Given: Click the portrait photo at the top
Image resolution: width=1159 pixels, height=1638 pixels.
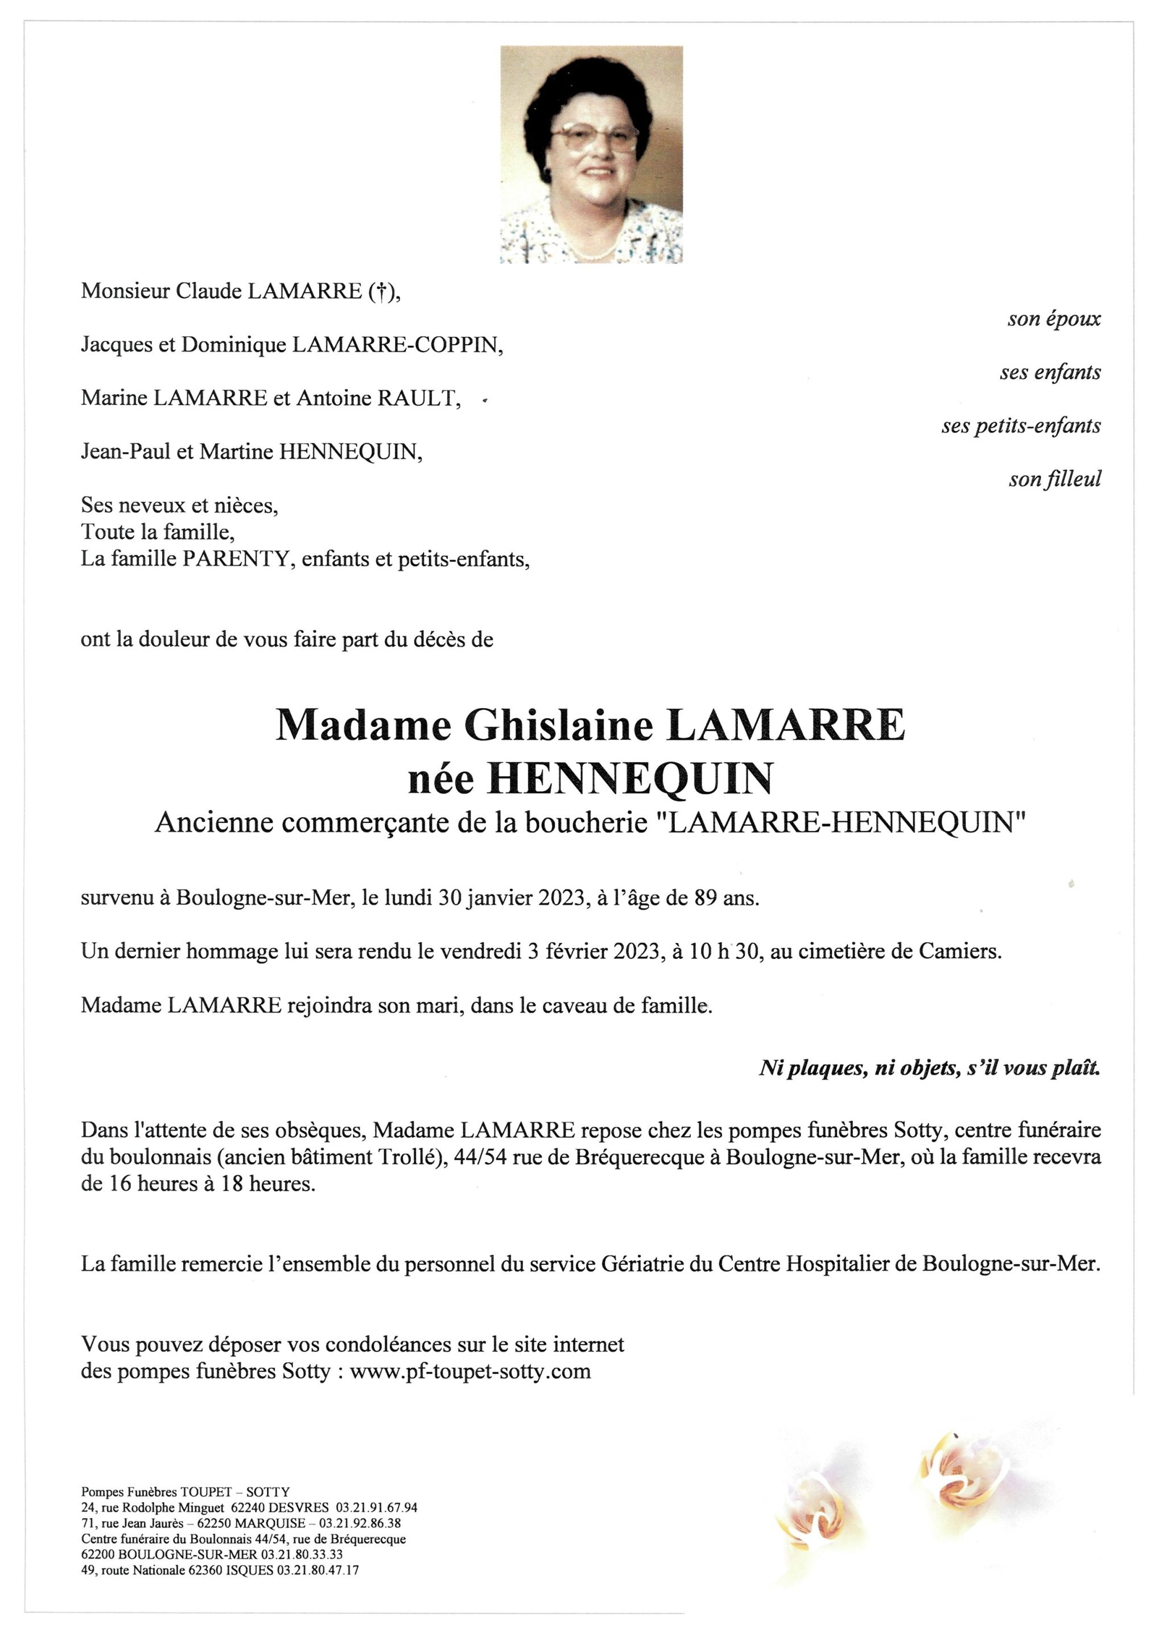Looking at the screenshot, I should pyautogui.click(x=591, y=155).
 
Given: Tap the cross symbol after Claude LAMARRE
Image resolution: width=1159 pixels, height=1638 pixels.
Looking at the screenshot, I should pyautogui.click(x=381, y=292).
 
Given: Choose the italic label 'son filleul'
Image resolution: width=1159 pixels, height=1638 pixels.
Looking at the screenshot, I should pyautogui.click(x=1054, y=479).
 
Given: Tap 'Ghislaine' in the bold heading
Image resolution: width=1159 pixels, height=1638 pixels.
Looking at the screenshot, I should pyautogui.click(x=559, y=726).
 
